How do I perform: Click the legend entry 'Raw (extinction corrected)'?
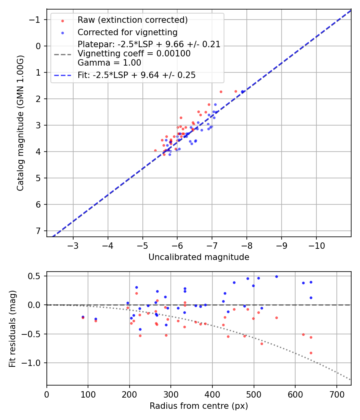[132, 20]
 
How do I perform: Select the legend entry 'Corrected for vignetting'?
[127, 32]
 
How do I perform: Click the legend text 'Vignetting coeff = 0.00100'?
[134, 54]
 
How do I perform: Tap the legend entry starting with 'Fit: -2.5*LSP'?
[136, 75]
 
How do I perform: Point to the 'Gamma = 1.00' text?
[109, 63]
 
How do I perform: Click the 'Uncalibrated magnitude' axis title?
[199, 257]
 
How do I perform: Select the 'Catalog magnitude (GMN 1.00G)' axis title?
[20, 123]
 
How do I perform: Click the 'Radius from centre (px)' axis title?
[199, 406]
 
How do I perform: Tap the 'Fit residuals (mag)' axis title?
[12, 328]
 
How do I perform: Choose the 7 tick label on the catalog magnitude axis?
[38, 231]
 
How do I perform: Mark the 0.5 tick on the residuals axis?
[36, 276]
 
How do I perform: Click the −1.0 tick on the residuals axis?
[34, 363]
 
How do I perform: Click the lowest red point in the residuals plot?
[311, 353]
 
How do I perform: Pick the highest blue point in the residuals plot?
[276, 276]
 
